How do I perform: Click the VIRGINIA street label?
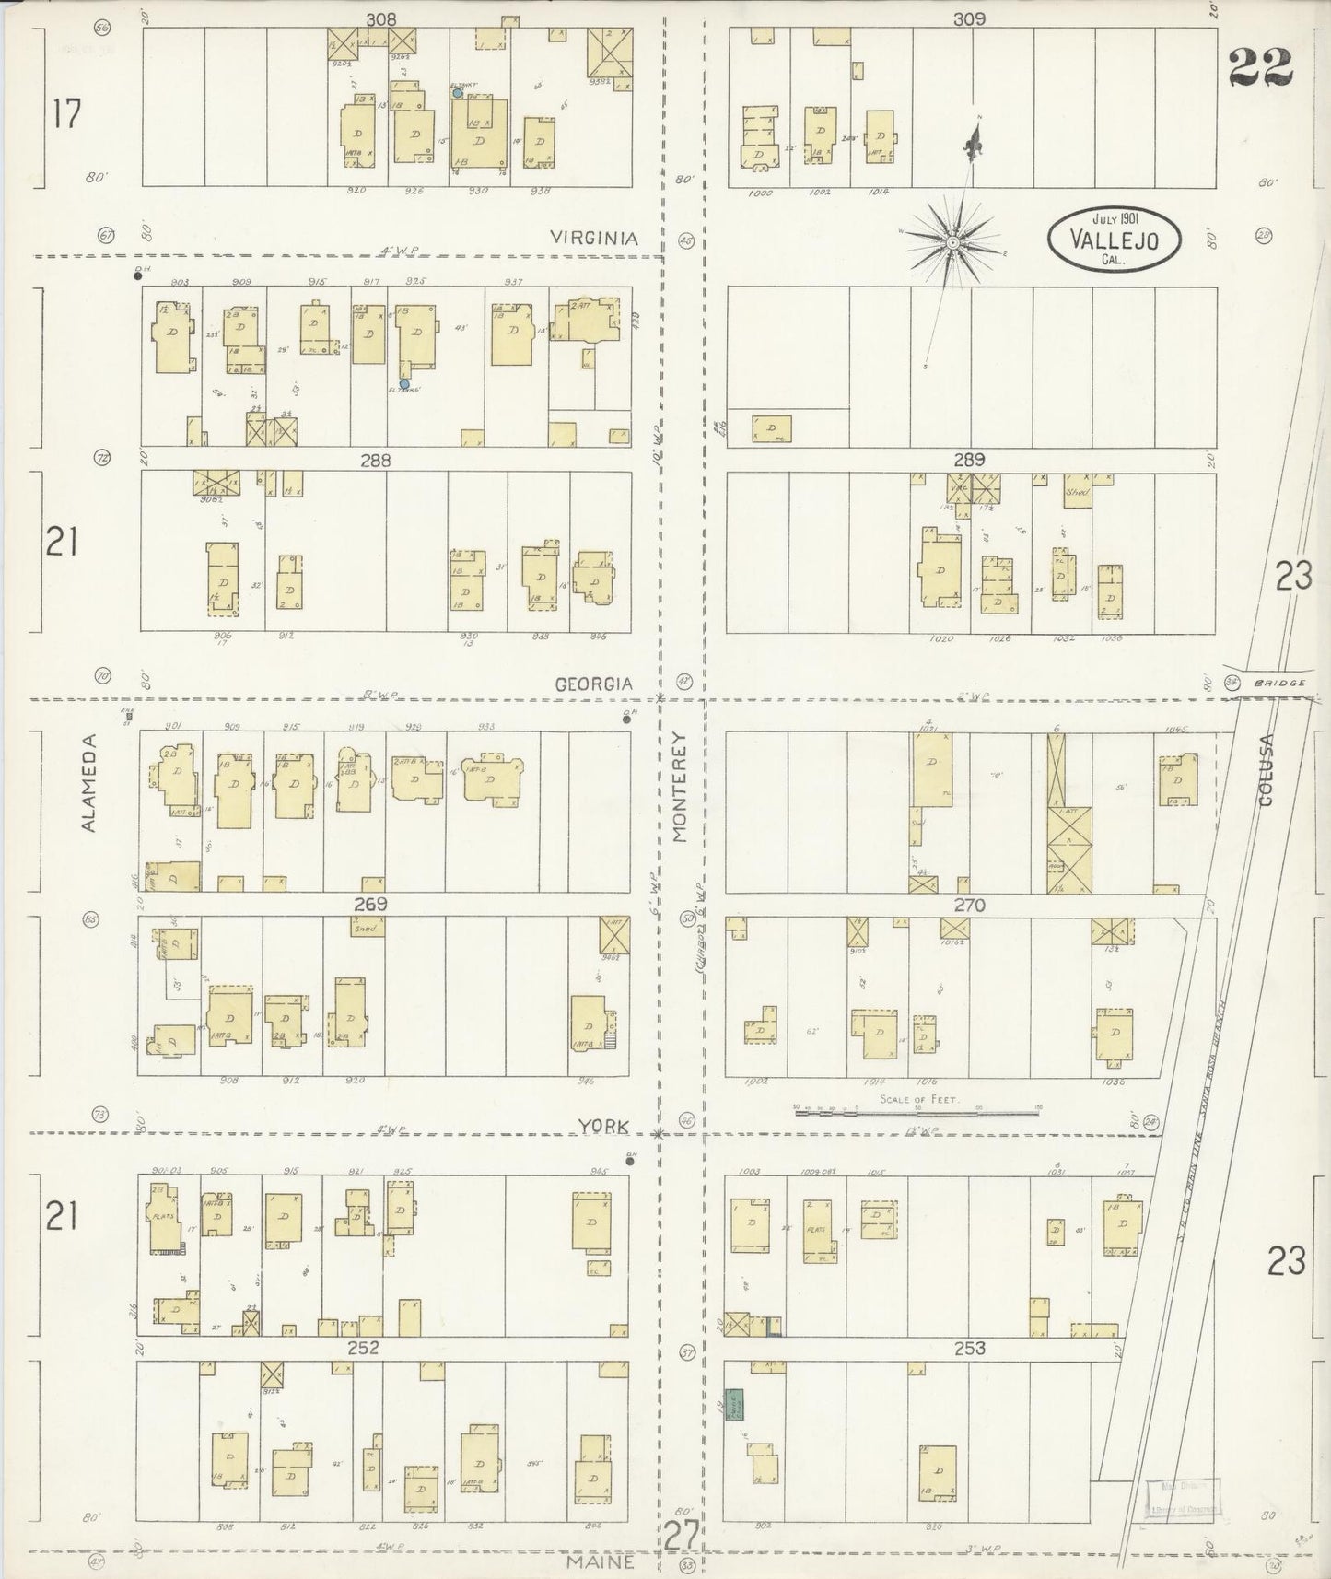click(x=594, y=238)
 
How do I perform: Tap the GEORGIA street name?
click(x=594, y=684)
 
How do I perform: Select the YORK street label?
click(x=603, y=1126)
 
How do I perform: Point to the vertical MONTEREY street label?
click(x=680, y=787)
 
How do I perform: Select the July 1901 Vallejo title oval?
click(x=1115, y=238)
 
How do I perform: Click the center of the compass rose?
click(x=953, y=241)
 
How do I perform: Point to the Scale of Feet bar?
click(x=917, y=1112)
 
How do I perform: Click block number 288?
click(x=375, y=460)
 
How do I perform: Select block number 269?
click(x=368, y=904)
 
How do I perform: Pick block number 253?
click(x=969, y=1348)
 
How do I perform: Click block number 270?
click(x=969, y=906)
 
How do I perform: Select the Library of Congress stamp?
click(x=1184, y=1497)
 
